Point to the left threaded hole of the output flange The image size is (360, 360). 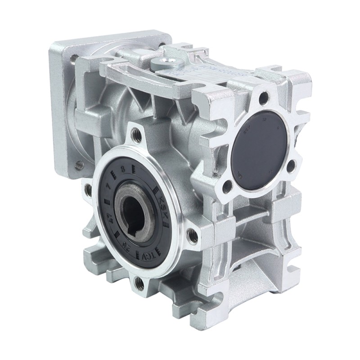click(x=88, y=189)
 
